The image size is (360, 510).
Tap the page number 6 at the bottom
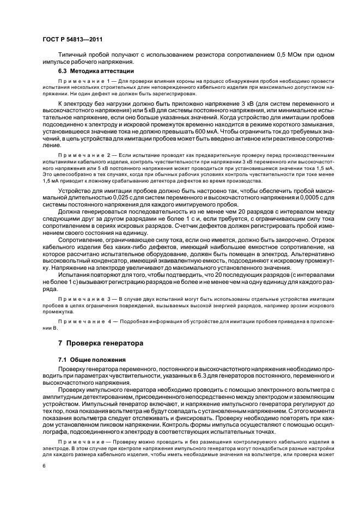44,465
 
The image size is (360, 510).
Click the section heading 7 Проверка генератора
101,343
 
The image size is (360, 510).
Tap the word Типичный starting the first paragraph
72,55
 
